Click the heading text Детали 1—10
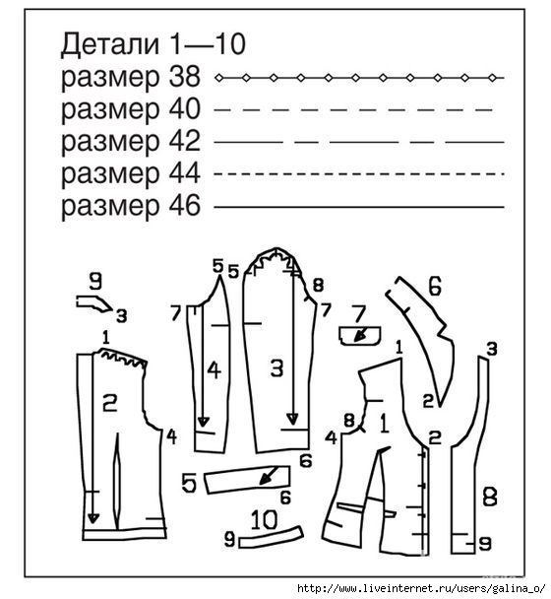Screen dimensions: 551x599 (x=153, y=44)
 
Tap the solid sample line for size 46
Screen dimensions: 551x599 (x=359, y=207)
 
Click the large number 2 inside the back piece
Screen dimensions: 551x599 (x=110, y=403)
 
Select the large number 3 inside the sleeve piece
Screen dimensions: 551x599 (x=276, y=368)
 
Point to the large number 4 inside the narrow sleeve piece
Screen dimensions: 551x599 (x=214, y=369)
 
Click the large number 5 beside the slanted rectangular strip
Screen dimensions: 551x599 (x=189, y=483)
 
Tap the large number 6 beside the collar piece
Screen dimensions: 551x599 (x=435, y=286)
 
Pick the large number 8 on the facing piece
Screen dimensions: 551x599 (x=490, y=497)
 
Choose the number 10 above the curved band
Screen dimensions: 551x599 (x=265, y=520)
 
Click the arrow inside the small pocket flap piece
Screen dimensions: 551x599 (x=361, y=334)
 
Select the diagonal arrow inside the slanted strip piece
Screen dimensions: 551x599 (x=270, y=476)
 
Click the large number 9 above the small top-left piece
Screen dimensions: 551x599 (x=95, y=281)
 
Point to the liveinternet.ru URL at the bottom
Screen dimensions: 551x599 (x=422, y=589)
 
